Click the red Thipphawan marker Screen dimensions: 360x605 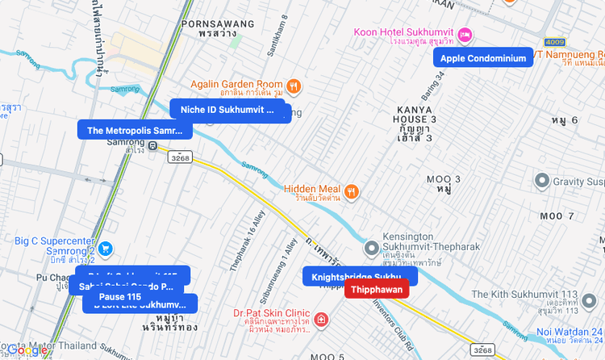pos(377,290)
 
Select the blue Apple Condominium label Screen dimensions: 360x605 pos(483,57)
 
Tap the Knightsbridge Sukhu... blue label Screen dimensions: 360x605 pos(356,276)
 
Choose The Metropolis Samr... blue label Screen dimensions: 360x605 pos(135,130)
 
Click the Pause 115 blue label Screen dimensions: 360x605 pos(120,297)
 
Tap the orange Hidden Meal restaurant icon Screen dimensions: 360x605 pos(352,191)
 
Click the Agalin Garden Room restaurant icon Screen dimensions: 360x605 pos(294,85)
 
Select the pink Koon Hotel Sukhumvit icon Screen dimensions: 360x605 pos(465,35)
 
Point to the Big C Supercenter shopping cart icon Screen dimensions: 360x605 pos(106,249)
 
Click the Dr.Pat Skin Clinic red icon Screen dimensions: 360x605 pos(322,320)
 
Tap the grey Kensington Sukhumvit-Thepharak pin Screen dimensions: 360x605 pos(371,248)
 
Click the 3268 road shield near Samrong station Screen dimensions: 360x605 pos(180,158)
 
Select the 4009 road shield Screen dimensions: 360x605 pos(555,41)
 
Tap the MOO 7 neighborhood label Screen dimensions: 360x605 pos(557,216)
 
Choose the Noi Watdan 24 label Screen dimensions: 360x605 pos(570,332)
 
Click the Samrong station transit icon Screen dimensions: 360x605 pos(153,145)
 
